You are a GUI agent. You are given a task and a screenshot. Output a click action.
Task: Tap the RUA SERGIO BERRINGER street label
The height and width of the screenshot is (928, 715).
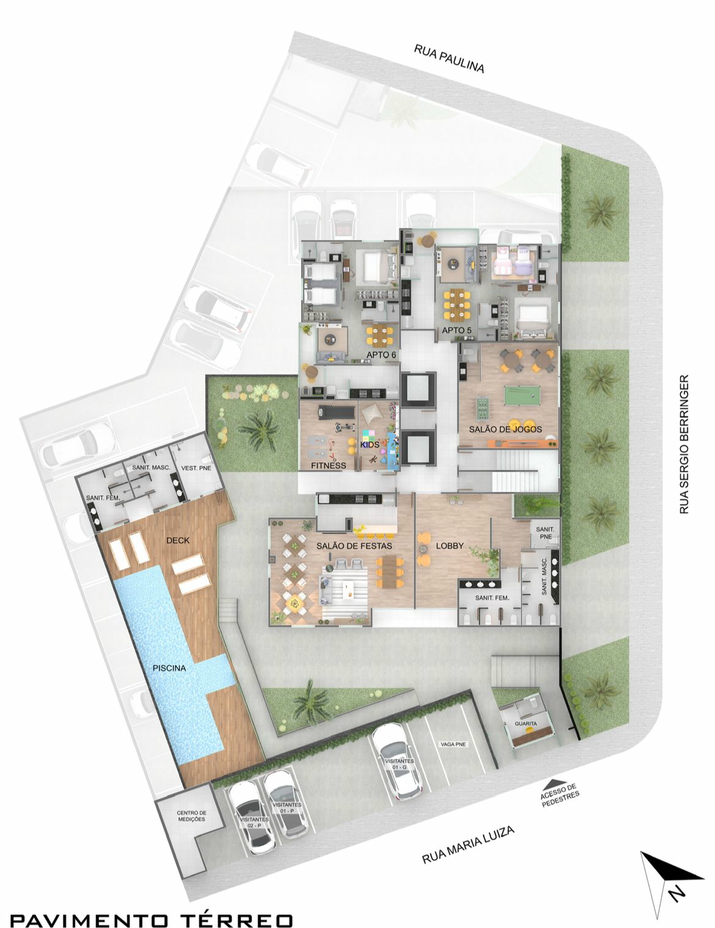point(684,444)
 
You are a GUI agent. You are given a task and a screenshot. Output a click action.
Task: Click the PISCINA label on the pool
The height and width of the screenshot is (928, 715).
point(169,668)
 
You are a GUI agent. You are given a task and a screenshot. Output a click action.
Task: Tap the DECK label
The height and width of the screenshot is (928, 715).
point(178,540)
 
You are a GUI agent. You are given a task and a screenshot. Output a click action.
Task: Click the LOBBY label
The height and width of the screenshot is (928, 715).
point(450,545)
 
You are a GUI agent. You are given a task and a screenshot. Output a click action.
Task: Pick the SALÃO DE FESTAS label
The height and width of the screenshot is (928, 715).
point(354,545)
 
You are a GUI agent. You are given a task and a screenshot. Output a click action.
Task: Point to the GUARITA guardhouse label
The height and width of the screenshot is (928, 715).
point(526,724)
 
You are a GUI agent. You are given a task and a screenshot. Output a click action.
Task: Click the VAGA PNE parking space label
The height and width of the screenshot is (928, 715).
point(453,744)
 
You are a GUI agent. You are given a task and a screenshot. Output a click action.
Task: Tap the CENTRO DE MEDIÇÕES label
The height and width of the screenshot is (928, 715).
point(191,816)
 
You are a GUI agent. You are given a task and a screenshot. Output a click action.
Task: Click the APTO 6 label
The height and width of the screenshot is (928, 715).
point(381,355)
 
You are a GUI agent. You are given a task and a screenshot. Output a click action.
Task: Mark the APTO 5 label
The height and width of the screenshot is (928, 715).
point(457,330)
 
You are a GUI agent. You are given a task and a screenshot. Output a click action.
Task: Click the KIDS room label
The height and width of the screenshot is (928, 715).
point(370,444)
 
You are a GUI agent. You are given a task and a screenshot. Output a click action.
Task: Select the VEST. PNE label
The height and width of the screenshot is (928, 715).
point(196,468)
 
